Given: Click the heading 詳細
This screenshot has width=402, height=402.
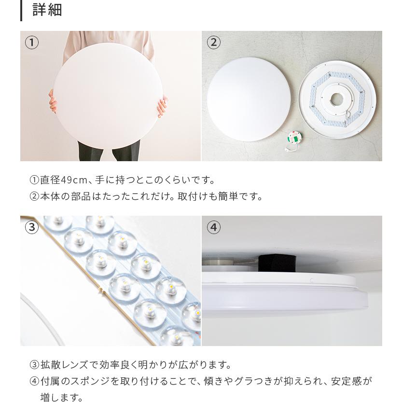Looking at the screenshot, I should click(x=47, y=10).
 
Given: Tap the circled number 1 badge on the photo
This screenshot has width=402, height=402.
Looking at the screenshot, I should click(x=32, y=43).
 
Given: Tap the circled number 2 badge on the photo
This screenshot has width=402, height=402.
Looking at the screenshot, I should click(x=213, y=43).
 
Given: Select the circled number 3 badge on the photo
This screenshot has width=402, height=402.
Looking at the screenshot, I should click(x=32, y=227).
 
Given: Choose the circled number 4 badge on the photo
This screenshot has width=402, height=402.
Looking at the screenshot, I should click(x=213, y=227).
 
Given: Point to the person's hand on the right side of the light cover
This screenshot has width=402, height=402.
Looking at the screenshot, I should click(x=162, y=105).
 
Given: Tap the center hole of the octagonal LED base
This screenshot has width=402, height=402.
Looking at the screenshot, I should click(x=336, y=99).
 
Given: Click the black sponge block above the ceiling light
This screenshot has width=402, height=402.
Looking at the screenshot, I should click(x=275, y=263).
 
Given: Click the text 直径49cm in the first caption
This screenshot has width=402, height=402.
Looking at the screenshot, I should click(x=63, y=180).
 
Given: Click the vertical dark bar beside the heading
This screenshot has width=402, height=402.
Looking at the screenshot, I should click(x=21, y=10).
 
